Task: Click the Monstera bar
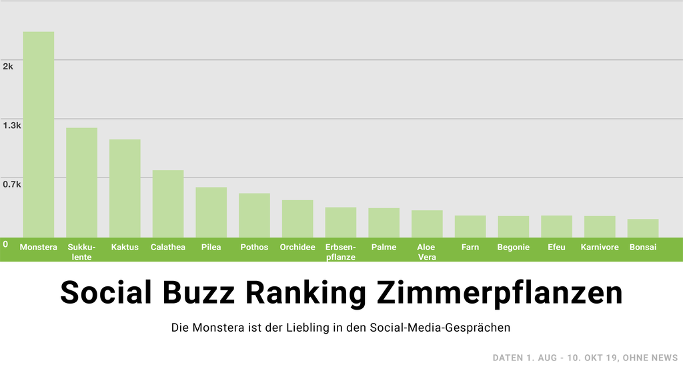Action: [x=39, y=133]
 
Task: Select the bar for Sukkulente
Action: [x=81, y=181]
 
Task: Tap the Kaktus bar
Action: [x=125, y=188]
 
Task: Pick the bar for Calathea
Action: [x=168, y=203]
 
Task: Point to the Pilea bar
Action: [x=211, y=212]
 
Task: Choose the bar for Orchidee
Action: [x=297, y=218]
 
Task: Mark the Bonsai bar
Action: [x=643, y=228]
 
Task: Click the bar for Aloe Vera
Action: [x=427, y=223]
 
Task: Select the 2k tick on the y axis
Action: [x=8, y=66]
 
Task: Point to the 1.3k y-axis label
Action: [x=12, y=125]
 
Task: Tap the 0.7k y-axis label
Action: [x=12, y=184]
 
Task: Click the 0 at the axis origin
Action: [x=5, y=244]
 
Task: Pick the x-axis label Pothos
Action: [x=254, y=248]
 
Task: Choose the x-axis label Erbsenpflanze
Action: [x=341, y=252]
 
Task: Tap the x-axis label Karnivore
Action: [x=600, y=248]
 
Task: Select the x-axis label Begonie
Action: [x=514, y=248]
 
